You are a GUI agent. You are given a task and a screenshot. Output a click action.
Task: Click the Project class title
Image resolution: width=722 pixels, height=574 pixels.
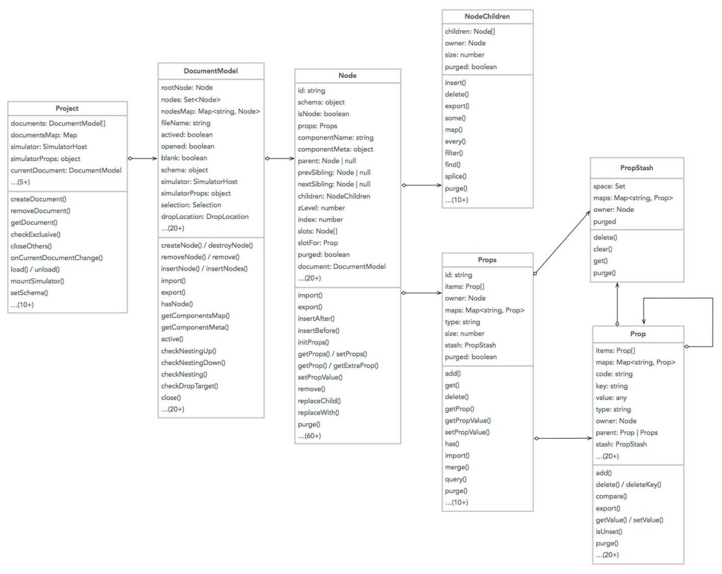[67, 108]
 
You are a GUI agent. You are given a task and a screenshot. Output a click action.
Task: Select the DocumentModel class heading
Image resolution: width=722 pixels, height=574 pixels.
[211, 70]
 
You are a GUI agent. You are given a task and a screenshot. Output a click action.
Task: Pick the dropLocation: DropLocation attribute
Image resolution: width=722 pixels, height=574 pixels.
[205, 215]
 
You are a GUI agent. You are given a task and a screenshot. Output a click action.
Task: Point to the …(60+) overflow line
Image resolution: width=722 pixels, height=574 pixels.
[310, 435]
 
